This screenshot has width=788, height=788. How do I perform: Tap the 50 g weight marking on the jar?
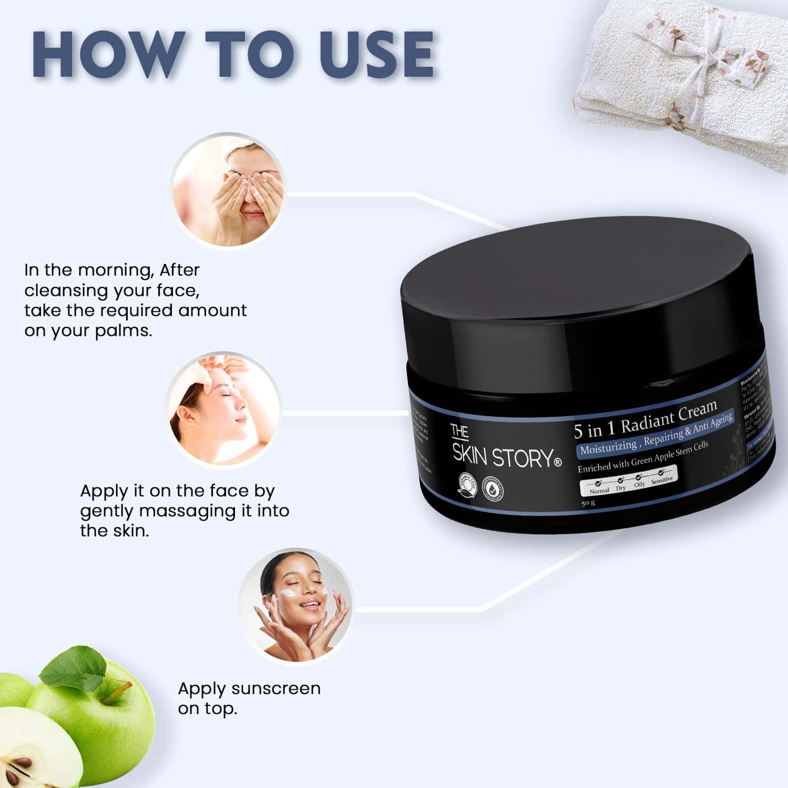[x=588, y=503]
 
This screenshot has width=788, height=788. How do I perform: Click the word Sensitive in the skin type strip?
[x=661, y=480]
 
